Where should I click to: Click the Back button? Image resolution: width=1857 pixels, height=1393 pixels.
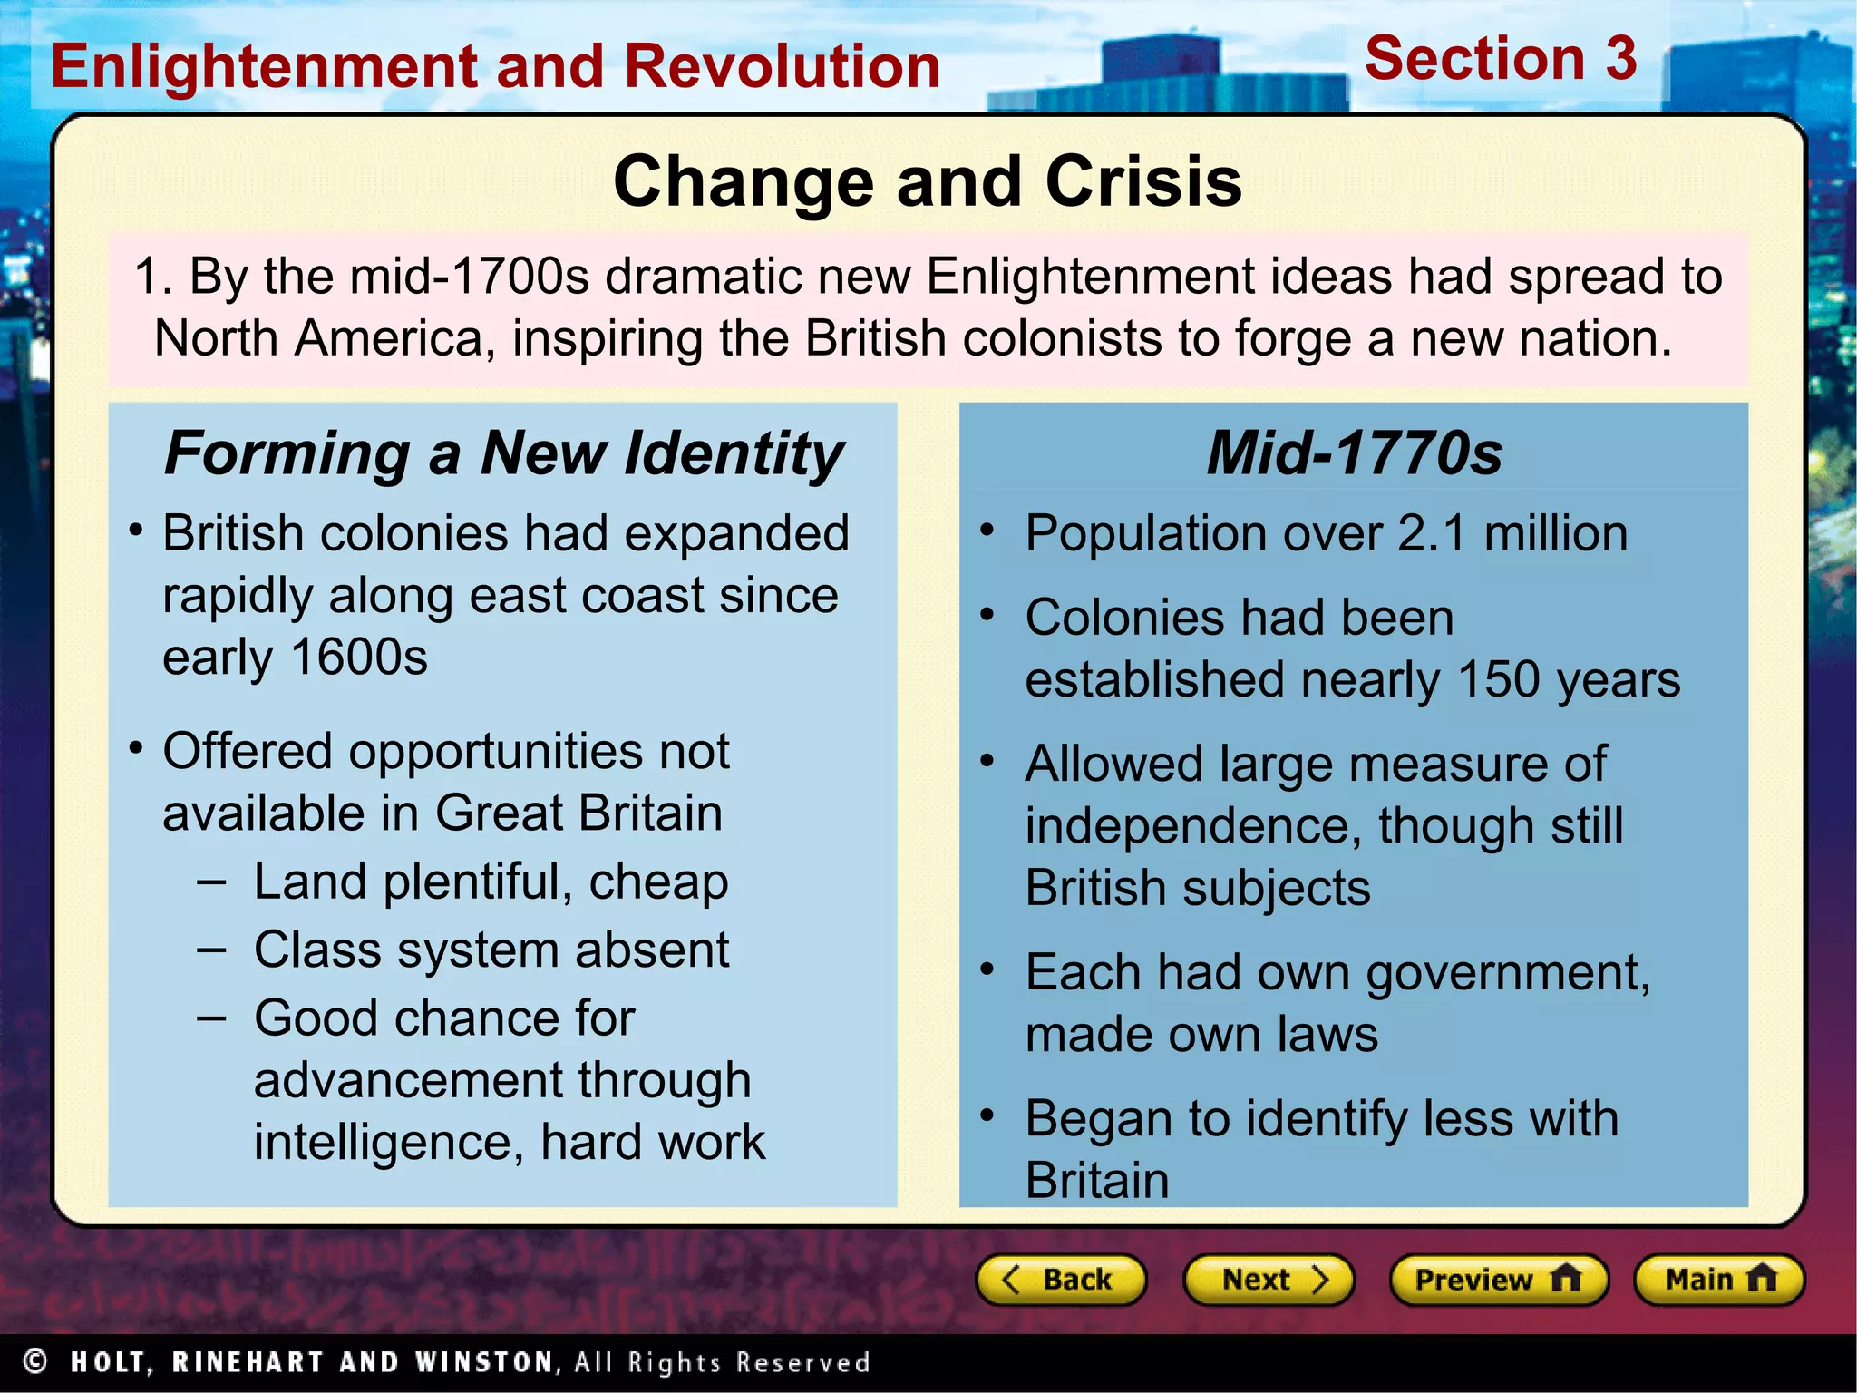coord(1060,1280)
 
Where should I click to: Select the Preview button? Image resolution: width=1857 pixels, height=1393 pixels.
coord(1498,1280)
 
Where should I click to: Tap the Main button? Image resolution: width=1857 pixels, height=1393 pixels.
coord(1718,1280)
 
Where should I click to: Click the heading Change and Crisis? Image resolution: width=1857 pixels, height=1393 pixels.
coord(927,181)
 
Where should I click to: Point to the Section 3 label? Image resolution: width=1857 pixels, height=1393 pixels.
coord(1500,59)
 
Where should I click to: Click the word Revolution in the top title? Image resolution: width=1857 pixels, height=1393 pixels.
coord(783,67)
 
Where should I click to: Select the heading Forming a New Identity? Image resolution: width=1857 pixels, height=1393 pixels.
coord(503,453)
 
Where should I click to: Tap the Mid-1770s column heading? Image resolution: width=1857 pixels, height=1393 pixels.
coord(1354,453)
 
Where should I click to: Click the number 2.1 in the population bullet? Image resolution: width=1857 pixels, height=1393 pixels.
coord(1431,533)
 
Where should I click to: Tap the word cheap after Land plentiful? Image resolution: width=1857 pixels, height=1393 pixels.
coord(658,882)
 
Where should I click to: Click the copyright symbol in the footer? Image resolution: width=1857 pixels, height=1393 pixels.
coord(35,1361)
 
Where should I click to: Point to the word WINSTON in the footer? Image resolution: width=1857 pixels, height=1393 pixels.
coord(483,1362)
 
